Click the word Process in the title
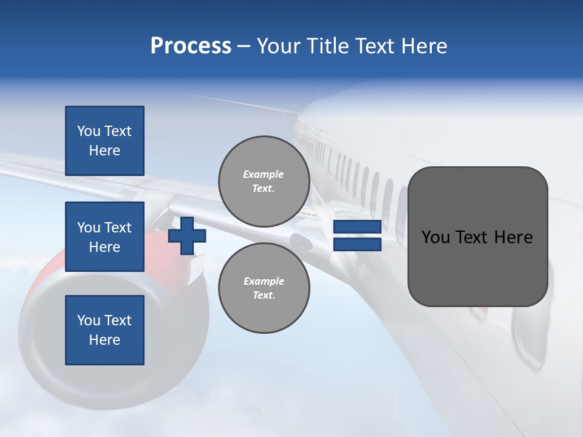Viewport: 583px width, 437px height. [x=191, y=46]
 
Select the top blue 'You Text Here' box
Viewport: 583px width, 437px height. [x=104, y=141]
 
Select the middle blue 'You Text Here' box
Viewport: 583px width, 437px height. [x=104, y=237]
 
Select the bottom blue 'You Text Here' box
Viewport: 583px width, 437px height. [x=104, y=330]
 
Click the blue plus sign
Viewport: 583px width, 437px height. [x=187, y=236]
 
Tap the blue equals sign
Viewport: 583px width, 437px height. [x=357, y=236]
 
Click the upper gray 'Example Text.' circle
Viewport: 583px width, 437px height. [x=264, y=181]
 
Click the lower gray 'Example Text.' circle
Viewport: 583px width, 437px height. [x=264, y=288]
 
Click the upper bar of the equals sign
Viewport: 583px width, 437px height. [x=357, y=227]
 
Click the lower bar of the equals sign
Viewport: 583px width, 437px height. [x=357, y=245]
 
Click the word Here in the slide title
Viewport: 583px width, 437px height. [x=425, y=46]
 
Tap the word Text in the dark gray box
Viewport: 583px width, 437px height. [x=471, y=237]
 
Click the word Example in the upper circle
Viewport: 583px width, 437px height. [x=264, y=174]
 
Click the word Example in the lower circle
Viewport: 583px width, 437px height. [x=264, y=281]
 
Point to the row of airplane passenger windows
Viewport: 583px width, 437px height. [x=358, y=176]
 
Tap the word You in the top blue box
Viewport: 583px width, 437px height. [x=89, y=131]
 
